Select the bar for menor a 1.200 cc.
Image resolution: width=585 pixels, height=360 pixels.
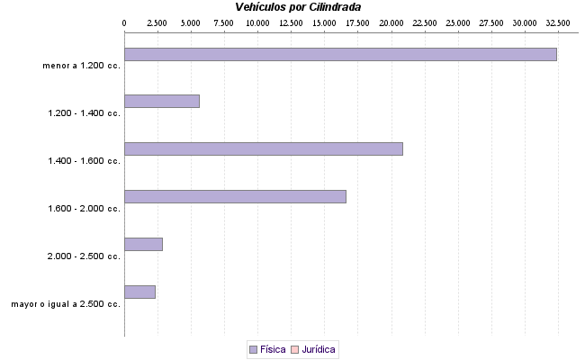(340, 54)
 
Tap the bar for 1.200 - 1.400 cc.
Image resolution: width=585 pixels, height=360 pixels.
(161, 101)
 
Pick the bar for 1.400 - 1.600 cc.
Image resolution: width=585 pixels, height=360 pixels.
(263, 148)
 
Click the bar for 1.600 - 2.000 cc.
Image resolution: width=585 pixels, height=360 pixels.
(235, 196)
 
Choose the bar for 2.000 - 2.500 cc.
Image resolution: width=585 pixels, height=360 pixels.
(143, 244)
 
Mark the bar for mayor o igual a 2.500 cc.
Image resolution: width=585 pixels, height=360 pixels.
(139, 292)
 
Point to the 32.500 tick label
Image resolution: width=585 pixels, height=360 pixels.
(557, 22)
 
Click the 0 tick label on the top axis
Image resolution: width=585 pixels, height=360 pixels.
(124, 22)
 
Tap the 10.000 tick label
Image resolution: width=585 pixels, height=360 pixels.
(257, 22)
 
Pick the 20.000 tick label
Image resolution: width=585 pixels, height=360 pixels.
(391, 22)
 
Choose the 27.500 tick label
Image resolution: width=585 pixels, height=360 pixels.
(490, 22)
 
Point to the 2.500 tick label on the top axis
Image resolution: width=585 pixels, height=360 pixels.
(157, 22)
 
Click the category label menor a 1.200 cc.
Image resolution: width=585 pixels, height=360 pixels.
(81, 65)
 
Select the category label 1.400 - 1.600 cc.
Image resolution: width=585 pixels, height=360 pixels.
(85, 160)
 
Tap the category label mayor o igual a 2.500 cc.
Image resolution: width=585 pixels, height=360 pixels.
(66, 304)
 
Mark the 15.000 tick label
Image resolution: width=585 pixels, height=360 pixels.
(324, 22)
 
